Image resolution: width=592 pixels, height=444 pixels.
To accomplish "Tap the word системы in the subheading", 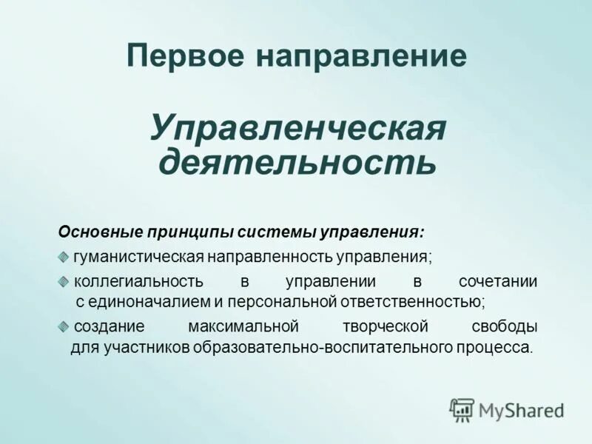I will (277, 232).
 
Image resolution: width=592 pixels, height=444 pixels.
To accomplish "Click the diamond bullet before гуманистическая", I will (64, 256).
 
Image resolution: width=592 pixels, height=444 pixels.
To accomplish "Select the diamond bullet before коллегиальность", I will (64, 281).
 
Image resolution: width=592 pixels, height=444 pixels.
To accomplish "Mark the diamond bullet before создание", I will (64, 326).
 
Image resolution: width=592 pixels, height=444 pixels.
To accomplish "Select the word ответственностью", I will (403, 302).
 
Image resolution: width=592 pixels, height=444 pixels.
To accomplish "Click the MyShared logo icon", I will (462, 409).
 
